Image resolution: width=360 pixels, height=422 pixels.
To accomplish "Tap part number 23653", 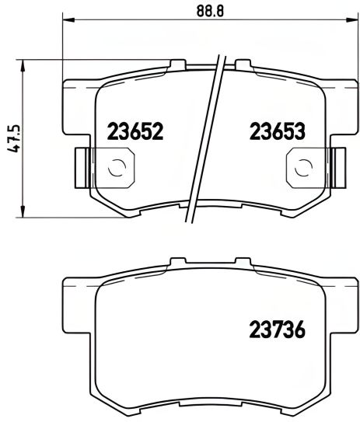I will point(276,131).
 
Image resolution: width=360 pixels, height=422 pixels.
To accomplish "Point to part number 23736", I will point(276,330).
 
